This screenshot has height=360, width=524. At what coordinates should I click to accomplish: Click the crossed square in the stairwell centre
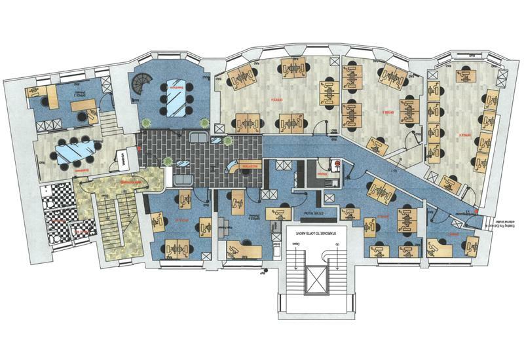[316, 281]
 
